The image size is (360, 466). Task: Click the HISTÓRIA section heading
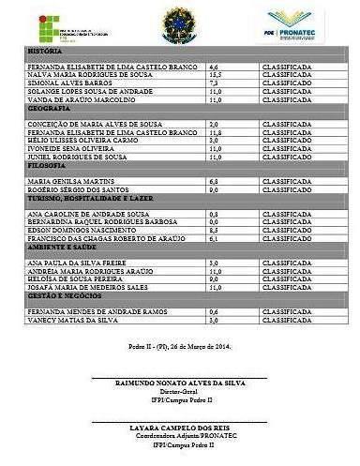point(42,51)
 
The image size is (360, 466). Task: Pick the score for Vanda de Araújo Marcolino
point(214,98)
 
